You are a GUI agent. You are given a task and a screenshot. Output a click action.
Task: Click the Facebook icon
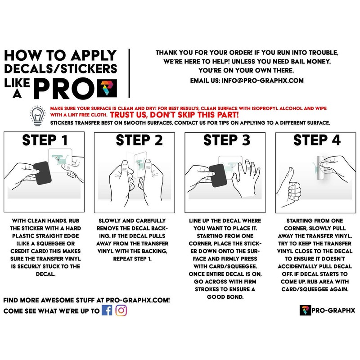(x=107, y=310)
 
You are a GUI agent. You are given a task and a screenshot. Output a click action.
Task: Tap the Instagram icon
(x=121, y=310)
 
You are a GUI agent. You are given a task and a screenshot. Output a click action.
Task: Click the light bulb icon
(x=38, y=116)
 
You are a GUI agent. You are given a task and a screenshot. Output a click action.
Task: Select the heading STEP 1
(x=45, y=140)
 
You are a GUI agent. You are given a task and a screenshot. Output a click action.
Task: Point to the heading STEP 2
(x=139, y=140)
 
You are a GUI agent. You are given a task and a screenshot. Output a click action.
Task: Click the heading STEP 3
(x=227, y=140)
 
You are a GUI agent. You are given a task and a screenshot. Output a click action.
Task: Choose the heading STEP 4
(x=317, y=140)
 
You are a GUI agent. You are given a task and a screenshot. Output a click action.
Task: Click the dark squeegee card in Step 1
(x=43, y=173)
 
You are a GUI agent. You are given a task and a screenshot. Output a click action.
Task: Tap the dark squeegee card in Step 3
(x=218, y=175)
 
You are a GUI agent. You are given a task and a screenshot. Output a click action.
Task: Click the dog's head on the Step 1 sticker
(x=57, y=158)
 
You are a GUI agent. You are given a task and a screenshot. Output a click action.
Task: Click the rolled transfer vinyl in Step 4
(x=321, y=168)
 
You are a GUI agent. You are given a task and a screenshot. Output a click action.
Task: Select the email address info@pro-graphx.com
(x=262, y=81)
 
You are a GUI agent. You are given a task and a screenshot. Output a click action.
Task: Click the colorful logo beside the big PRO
(x=107, y=88)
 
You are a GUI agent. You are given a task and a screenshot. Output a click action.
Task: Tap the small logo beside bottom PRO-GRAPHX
(x=305, y=310)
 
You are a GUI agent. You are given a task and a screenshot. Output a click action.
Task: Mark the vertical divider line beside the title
(x=130, y=73)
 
